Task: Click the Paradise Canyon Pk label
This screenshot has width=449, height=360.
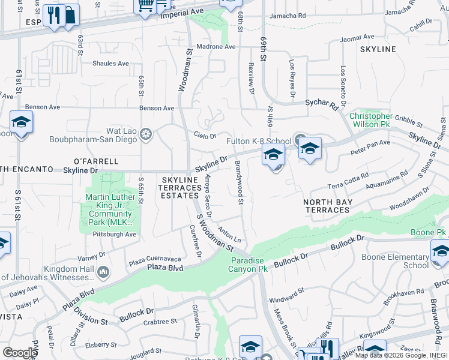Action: (x=250, y=265)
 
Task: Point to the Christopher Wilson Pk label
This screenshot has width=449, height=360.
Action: (x=371, y=120)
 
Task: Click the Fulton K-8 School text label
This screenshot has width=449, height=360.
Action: (x=259, y=142)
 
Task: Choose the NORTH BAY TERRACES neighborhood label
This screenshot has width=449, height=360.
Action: (x=327, y=206)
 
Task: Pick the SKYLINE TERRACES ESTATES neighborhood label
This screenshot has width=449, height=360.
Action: (x=180, y=188)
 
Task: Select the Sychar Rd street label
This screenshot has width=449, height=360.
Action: (x=322, y=104)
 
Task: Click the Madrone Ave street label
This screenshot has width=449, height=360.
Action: (x=217, y=47)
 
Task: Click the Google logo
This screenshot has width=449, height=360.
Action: (x=20, y=352)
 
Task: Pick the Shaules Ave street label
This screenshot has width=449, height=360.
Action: (x=111, y=63)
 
